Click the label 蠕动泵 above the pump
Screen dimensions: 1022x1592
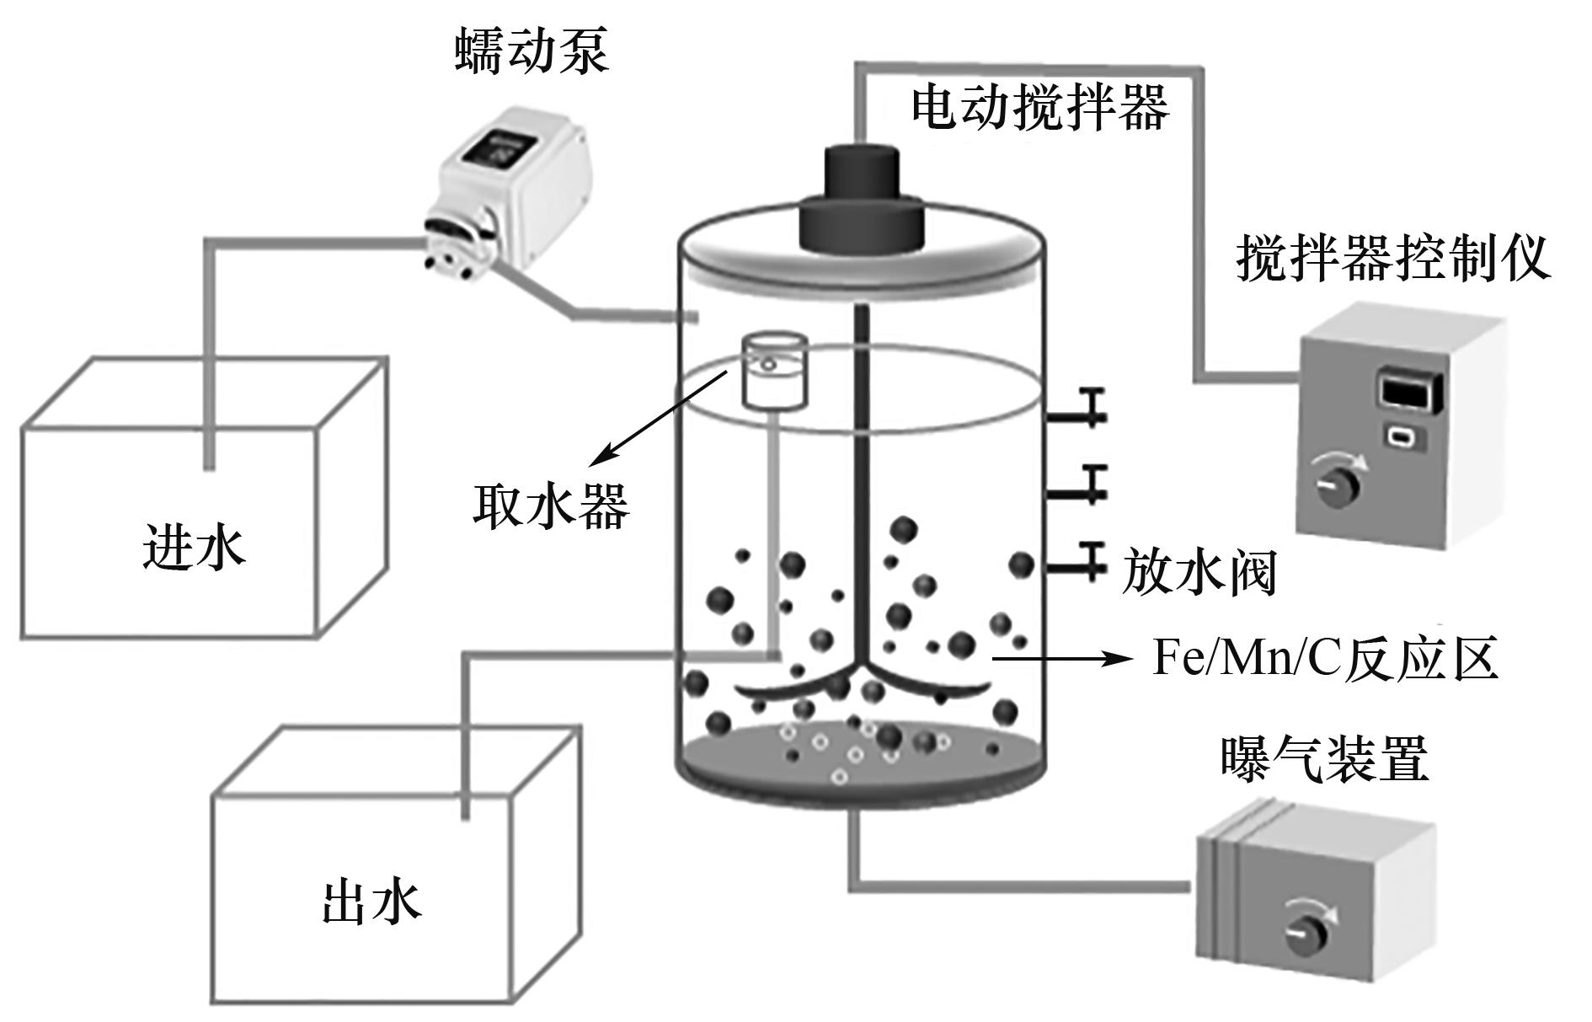coord(532,52)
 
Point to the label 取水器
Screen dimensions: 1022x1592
coord(551,506)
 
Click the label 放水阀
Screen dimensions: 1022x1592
coord(1199,573)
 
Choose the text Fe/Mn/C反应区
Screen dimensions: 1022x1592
coord(1326,659)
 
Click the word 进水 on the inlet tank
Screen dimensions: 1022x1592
coord(195,548)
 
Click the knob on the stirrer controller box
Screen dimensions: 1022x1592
coord(1333,484)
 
